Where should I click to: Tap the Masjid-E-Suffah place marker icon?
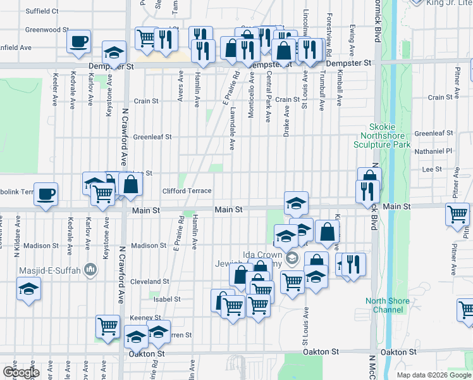tap(90, 270)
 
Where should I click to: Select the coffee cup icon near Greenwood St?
tap(78, 42)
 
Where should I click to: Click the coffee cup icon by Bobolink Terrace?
tap(45, 194)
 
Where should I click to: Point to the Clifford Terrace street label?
tap(187, 191)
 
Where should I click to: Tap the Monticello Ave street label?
tap(252, 88)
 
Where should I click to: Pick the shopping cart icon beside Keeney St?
tap(108, 327)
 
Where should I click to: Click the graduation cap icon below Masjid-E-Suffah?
tap(27, 291)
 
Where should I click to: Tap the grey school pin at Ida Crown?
tap(292, 258)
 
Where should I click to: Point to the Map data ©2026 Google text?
tap(434, 375)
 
